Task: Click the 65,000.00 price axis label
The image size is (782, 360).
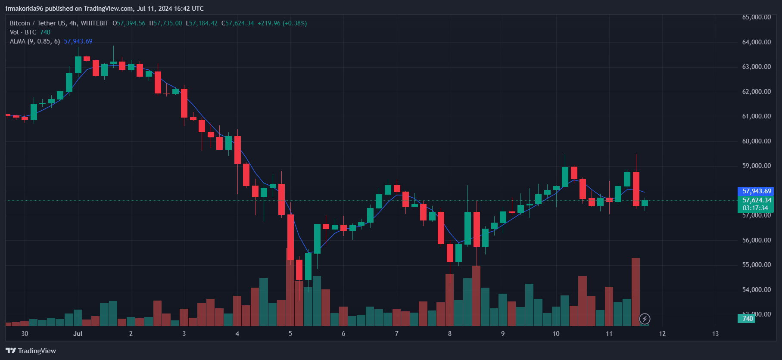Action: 756,17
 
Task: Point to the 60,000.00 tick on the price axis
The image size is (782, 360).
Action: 756,141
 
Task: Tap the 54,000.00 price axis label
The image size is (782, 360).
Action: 756,290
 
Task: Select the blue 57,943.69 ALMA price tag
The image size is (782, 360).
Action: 757,191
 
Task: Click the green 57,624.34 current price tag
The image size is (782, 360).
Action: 757,200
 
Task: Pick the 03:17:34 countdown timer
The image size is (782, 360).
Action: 755,208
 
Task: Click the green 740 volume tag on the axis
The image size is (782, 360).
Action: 747,319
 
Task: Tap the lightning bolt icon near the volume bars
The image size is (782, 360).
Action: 645,319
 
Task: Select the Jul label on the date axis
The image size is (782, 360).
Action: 78,334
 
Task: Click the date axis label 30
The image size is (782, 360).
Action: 25,334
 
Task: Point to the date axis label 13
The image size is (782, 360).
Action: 715,334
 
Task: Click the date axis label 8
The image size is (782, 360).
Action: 449,334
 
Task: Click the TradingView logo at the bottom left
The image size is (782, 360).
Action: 31,351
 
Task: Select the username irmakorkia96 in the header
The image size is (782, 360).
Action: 25,9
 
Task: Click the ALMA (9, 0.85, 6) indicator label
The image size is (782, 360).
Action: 35,41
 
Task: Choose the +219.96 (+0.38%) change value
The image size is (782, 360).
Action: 282,23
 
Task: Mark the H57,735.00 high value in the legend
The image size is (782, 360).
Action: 165,23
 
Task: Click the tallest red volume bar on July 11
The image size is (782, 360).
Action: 636,292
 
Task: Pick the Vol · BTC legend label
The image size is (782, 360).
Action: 23,32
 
